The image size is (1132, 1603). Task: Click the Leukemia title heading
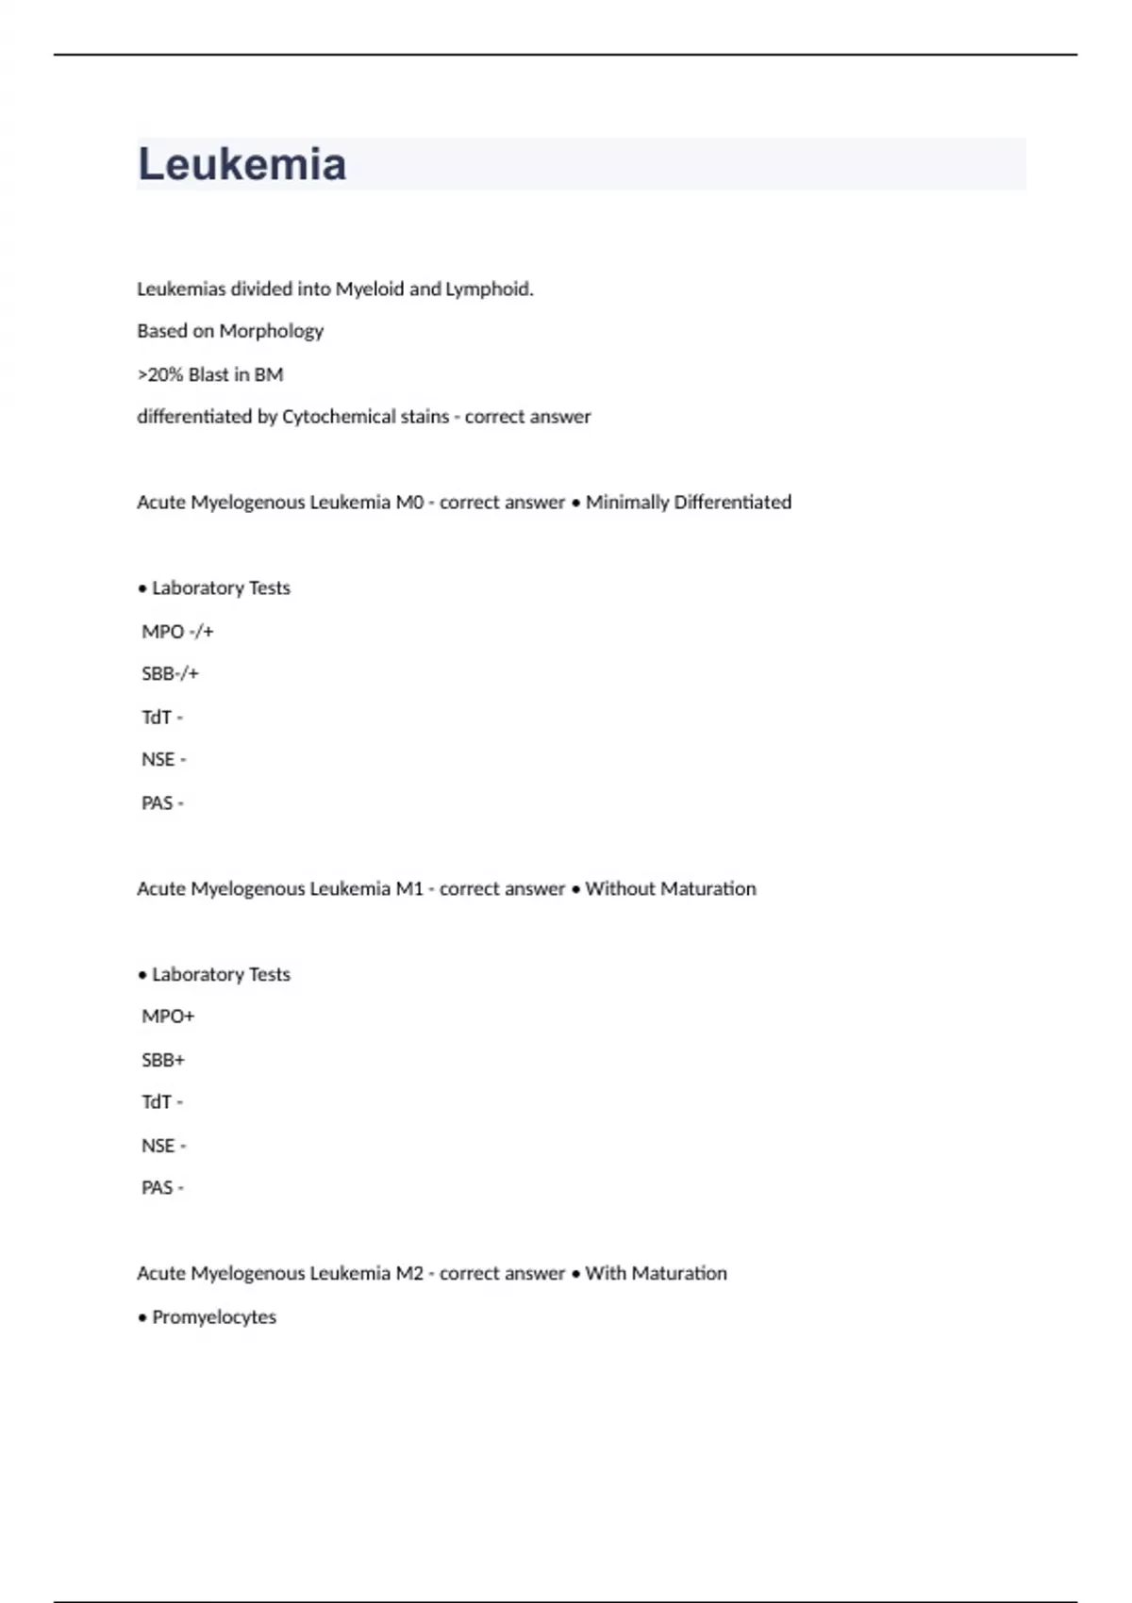coord(242,164)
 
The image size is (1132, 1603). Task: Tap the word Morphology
coord(271,331)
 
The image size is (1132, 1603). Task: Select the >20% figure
coord(160,374)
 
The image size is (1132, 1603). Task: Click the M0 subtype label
coord(409,503)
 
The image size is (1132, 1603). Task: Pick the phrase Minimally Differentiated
coord(688,503)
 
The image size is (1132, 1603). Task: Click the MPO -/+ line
coord(177,632)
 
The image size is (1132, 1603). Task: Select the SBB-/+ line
coord(170,674)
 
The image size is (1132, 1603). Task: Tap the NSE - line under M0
coord(163,760)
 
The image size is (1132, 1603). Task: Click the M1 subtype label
coord(409,889)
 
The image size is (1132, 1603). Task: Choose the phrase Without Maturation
coord(670,889)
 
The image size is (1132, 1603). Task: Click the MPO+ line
coord(168,1016)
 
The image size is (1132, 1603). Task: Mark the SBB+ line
coord(163,1060)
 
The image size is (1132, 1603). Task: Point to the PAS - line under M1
coord(162,1188)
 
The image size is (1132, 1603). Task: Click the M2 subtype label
coord(409,1274)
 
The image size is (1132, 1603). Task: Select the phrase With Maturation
coord(656,1274)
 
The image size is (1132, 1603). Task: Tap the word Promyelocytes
coord(214,1317)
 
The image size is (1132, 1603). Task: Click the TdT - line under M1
coord(162,1102)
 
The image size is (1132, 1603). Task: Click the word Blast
coord(208,374)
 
